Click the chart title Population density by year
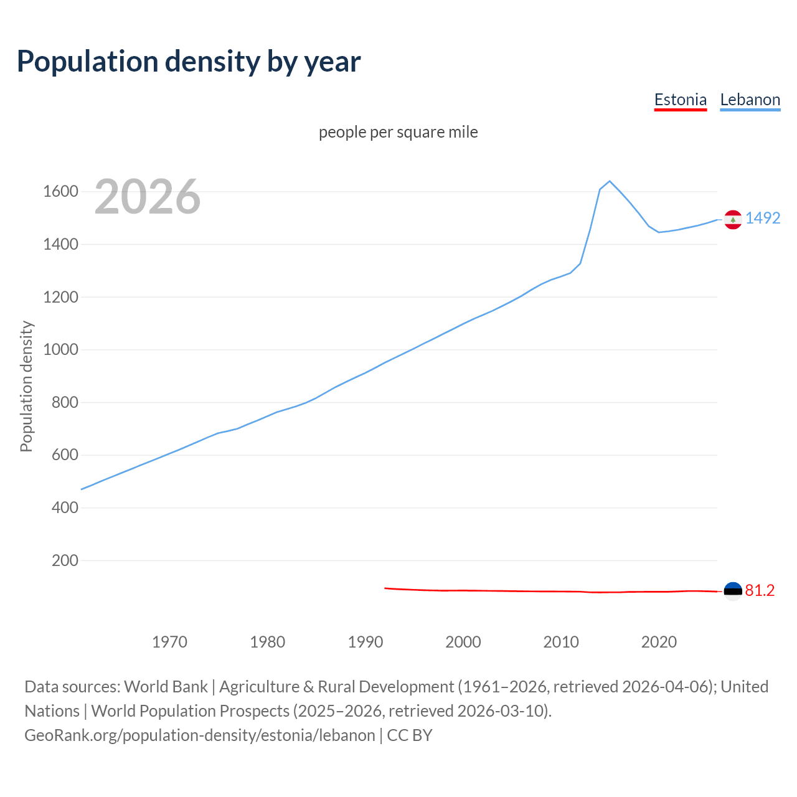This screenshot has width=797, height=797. click(x=189, y=62)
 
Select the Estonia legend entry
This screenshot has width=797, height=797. click(x=680, y=100)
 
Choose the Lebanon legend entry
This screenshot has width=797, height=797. click(x=750, y=100)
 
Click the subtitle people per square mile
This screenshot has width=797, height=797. click(x=398, y=132)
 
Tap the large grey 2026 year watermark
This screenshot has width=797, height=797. click(x=148, y=197)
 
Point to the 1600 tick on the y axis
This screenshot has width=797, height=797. click(x=60, y=191)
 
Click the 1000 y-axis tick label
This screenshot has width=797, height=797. click(x=60, y=349)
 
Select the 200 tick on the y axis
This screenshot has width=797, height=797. click(x=65, y=560)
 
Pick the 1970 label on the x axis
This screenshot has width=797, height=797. click(x=169, y=642)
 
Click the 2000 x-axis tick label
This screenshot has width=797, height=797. click(x=463, y=642)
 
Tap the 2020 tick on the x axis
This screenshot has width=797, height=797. click(x=659, y=642)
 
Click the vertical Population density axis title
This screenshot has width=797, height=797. click(x=26, y=386)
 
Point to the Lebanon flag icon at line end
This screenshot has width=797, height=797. click(x=733, y=219)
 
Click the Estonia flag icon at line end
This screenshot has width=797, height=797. click(x=733, y=590)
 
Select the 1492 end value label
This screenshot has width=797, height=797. click(x=763, y=218)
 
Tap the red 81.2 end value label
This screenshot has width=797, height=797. click(x=760, y=590)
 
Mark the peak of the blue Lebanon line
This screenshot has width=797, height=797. click(x=610, y=181)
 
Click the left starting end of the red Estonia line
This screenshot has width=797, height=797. click(x=385, y=588)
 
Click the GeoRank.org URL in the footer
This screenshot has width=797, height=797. click(x=199, y=735)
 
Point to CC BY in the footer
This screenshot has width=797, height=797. click(x=410, y=735)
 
